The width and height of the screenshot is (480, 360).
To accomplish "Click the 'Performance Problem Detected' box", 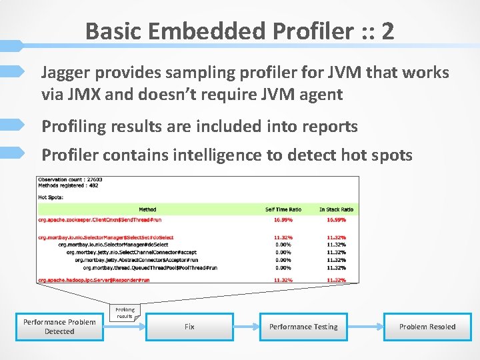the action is coord(59,327).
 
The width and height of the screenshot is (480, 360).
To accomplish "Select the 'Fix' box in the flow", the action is coord(189,327).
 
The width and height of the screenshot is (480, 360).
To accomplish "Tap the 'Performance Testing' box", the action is coord(303,327).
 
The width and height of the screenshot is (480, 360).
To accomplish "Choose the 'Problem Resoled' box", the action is coord(427,327).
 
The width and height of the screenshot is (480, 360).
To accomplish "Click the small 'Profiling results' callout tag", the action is coord(125,312).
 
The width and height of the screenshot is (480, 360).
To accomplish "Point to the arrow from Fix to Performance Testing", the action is coord(246,327).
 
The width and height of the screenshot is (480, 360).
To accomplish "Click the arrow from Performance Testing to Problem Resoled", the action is coord(365,327).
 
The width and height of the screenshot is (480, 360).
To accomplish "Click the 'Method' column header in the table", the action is coord(147,209).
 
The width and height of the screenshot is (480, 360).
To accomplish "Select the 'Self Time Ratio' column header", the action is coord(283,209).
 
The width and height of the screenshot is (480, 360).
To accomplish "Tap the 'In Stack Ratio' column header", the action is coord(336,209).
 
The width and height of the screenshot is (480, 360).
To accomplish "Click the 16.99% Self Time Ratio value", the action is coord(283,219).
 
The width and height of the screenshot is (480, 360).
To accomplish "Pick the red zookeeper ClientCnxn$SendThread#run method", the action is coord(100,219).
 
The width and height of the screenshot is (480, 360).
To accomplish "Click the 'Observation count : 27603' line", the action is coord(70,180).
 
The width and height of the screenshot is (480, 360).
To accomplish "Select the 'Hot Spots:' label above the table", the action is coord(51,197).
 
